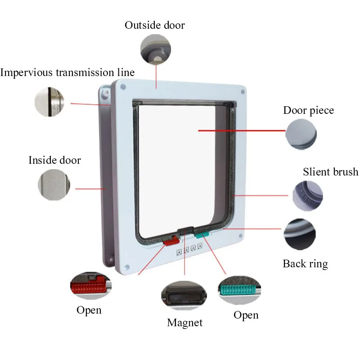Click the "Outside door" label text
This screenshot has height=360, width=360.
coord(154,25)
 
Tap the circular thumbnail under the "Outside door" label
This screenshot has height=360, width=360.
coord(156,49)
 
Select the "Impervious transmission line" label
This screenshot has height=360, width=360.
coord(67,72)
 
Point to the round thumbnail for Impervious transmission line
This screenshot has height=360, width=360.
coord(49,102)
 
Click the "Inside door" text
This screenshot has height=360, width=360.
coord(54,160)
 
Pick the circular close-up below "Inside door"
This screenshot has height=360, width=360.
coord(54,184)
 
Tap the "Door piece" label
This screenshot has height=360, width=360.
coord(308,111)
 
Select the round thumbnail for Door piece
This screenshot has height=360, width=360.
coord(301,134)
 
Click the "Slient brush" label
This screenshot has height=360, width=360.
coord(330,172)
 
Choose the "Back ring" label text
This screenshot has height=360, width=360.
coord(305,264)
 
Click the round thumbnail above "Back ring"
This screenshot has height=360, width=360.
coord(300,234)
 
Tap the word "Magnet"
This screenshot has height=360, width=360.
coord(184,323)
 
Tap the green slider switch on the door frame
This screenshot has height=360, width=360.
coord(202,234)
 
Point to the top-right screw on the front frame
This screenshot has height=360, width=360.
coord(243,91)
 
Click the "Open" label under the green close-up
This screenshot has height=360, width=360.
coord(246,315)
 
